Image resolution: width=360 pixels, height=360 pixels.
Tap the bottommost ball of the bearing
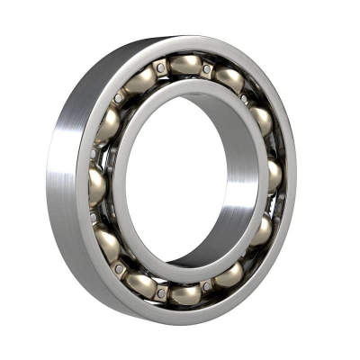tap(185, 293)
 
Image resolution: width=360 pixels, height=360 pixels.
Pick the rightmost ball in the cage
tap(274, 175)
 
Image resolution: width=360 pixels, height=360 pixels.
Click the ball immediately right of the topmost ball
tap(229, 79)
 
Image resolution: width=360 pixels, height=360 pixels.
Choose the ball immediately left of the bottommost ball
tap(141, 283)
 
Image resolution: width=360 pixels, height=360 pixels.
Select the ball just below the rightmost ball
tap(260, 232)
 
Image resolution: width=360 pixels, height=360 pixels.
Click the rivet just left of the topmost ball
tap(161, 67)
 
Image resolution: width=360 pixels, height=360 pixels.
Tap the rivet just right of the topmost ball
tap(208, 68)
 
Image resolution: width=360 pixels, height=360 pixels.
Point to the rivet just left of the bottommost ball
tap(162, 292)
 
